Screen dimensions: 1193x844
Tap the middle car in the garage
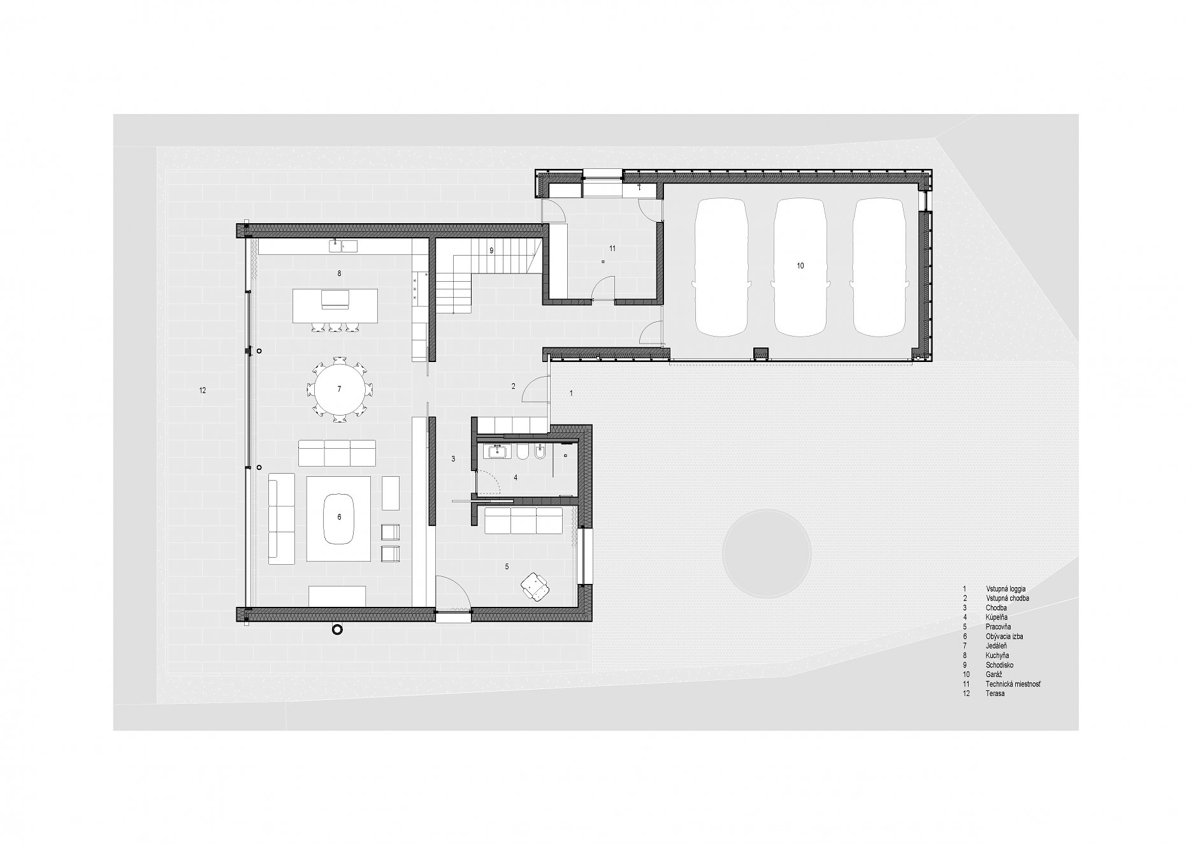tap(800, 267)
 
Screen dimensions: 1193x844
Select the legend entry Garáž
tap(994, 674)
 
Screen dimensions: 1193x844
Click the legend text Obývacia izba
tap(1005, 636)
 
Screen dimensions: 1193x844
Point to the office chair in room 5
tap(534, 586)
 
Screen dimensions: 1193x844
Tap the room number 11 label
tap(612, 249)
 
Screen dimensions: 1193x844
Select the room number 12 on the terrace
tap(203, 390)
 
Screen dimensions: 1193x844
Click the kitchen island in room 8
tap(335, 305)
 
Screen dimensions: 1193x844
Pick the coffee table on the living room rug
tap(339, 518)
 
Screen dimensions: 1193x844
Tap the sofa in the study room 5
tap(523, 520)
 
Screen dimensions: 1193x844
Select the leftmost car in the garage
tap(722, 267)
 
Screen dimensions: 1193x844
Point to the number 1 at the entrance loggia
tap(571, 393)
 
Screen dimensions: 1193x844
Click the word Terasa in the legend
tap(995, 693)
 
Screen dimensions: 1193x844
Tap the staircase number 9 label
tap(491, 251)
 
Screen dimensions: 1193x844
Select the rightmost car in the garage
tap(879, 267)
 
